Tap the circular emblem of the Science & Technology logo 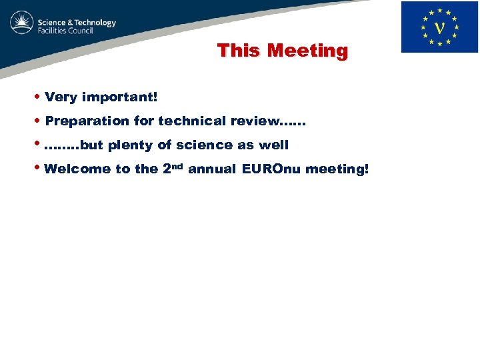(21, 23)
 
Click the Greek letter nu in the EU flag (439, 28)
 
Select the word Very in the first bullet (61, 97)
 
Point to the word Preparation (87, 121)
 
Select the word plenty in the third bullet (131, 145)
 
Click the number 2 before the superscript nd (167, 169)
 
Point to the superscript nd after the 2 (177, 165)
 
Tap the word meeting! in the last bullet (337, 169)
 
